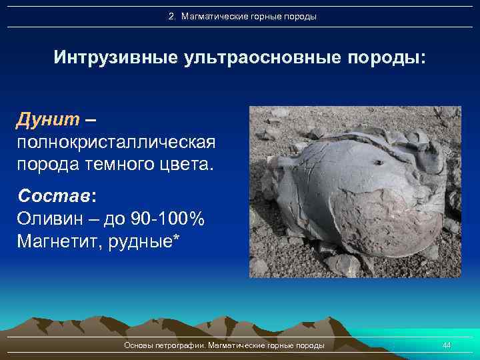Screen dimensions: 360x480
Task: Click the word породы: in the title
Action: tap(385, 57)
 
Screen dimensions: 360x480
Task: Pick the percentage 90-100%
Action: tap(169, 219)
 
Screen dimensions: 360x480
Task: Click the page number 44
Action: tap(447, 345)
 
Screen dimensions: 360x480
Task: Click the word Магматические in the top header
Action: tap(210, 16)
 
